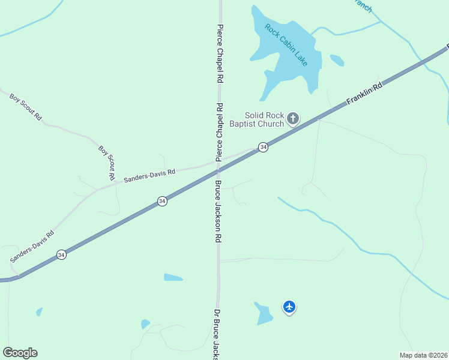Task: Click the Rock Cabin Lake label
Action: click(x=286, y=46)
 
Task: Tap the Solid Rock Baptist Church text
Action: click(x=264, y=120)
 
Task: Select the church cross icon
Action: click(x=293, y=118)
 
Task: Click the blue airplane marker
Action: click(x=289, y=307)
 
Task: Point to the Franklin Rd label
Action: click(x=364, y=95)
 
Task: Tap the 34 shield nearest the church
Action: click(x=263, y=147)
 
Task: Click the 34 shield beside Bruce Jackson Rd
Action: click(x=162, y=201)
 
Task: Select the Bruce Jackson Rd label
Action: click(x=218, y=211)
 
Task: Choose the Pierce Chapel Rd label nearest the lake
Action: click(x=220, y=54)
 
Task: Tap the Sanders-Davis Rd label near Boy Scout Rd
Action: click(x=149, y=175)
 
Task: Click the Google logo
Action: click(x=20, y=353)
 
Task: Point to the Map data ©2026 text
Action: click(x=424, y=355)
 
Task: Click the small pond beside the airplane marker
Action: click(x=264, y=313)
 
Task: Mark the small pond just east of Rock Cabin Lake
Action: click(x=337, y=60)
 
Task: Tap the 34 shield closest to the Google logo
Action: click(x=61, y=255)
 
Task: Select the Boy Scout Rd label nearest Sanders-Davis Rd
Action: click(x=107, y=163)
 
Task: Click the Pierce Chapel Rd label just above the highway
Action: click(x=220, y=133)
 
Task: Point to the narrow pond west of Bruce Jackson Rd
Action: click(x=173, y=277)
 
